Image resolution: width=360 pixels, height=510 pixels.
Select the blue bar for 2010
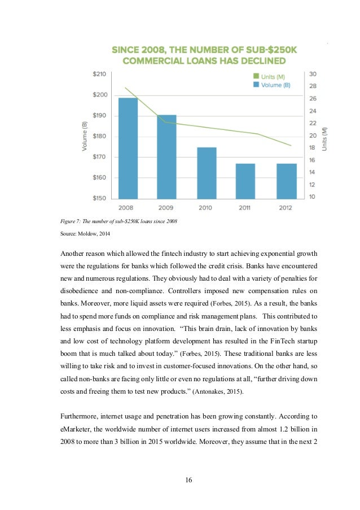click(x=206, y=173)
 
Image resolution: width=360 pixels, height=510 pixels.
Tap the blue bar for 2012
click(x=287, y=181)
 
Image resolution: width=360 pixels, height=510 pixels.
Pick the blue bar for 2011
click(x=245, y=181)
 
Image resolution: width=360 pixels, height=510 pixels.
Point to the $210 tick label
click(x=99, y=74)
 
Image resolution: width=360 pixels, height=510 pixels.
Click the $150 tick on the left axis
click(x=99, y=198)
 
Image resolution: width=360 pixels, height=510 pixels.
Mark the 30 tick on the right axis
click(x=312, y=74)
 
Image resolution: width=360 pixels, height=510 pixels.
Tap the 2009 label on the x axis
click(x=166, y=208)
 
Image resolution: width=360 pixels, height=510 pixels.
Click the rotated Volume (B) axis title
click(x=85, y=136)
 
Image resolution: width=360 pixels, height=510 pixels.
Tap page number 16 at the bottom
click(x=188, y=480)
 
